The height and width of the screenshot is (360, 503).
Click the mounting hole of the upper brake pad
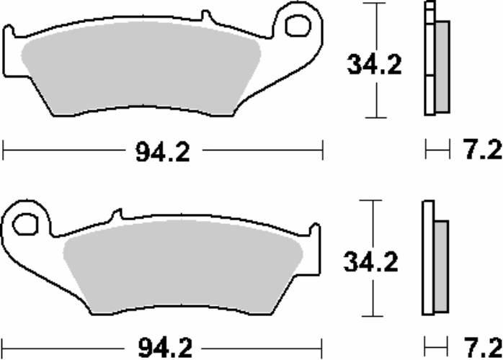coord(296,25)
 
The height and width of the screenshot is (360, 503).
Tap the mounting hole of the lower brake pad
coord(26,222)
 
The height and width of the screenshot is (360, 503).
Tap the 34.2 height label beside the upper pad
coord(374,65)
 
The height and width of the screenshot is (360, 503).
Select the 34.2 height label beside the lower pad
coord(372,263)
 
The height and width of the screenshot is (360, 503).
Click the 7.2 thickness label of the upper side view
coord(480,151)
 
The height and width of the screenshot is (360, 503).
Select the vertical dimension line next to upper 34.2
coord(374,29)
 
